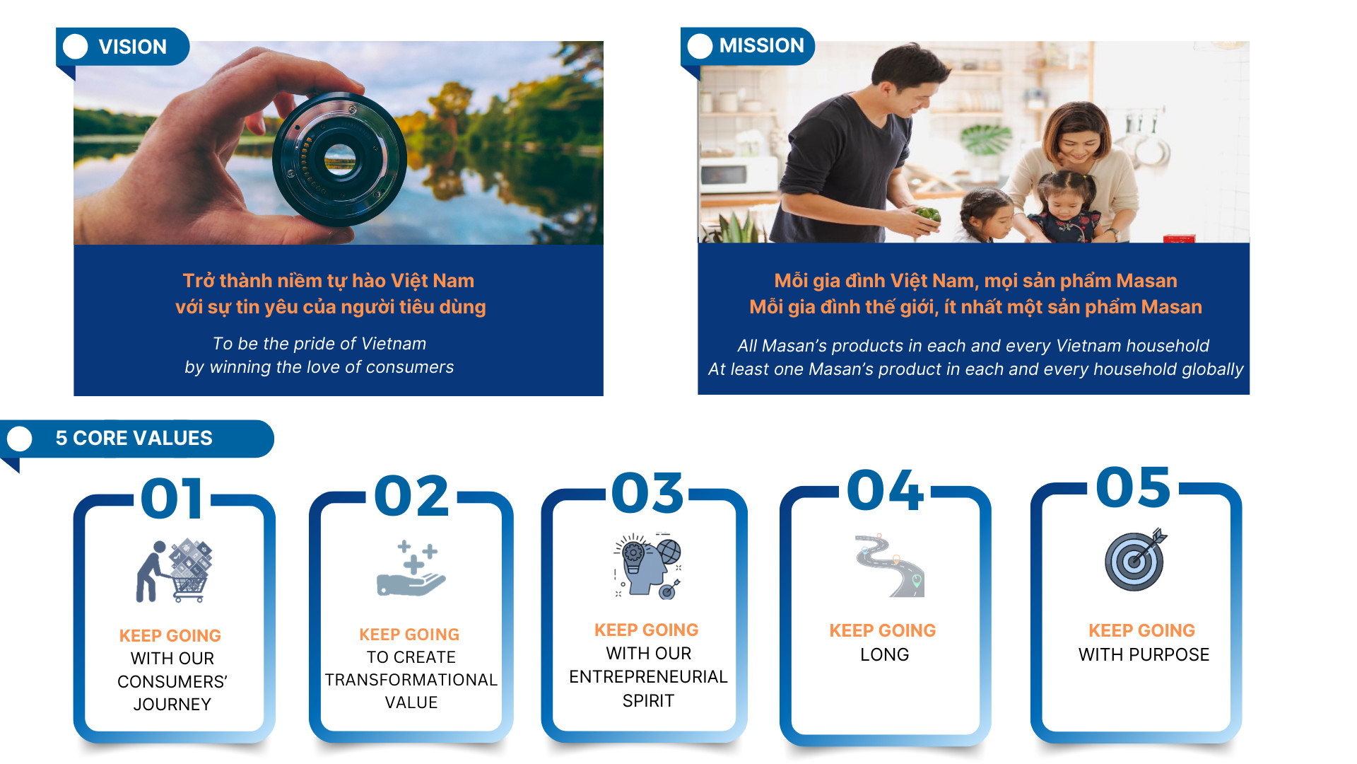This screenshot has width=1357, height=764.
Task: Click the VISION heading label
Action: tap(133, 47)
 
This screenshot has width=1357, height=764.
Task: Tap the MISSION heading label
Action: tap(761, 45)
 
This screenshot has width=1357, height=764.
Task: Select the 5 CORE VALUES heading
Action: tap(134, 438)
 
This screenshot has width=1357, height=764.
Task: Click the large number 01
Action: tap(172, 498)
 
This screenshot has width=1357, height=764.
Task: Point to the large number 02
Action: tap(411, 495)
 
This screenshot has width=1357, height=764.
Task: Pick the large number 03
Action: tap(647, 492)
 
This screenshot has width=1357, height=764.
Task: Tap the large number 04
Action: tap(885, 490)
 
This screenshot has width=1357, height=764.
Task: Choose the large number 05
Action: tap(1134, 487)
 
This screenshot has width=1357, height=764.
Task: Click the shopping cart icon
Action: tap(175, 570)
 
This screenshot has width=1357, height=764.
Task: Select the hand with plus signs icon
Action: tap(411, 568)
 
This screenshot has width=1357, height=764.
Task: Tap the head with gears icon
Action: tap(647, 566)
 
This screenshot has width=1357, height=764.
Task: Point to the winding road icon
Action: tap(889, 565)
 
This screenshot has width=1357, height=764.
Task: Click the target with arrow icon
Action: tap(1136, 559)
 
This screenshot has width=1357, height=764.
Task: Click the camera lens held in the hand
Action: tap(340, 159)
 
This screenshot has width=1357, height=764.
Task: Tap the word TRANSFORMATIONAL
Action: tap(411, 680)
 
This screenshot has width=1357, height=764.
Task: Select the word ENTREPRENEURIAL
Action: tap(648, 677)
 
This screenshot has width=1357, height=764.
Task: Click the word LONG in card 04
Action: tap(884, 654)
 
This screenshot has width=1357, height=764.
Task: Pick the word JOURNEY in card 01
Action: tap(172, 705)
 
